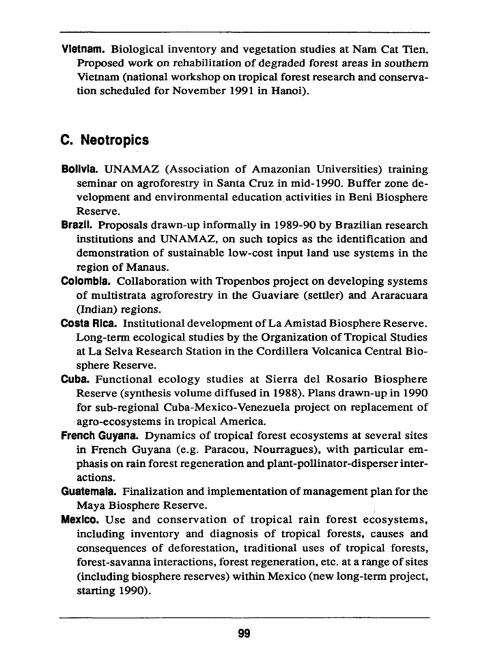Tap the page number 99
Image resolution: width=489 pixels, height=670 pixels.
(x=244, y=634)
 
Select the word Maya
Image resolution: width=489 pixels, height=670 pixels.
(x=90, y=505)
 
